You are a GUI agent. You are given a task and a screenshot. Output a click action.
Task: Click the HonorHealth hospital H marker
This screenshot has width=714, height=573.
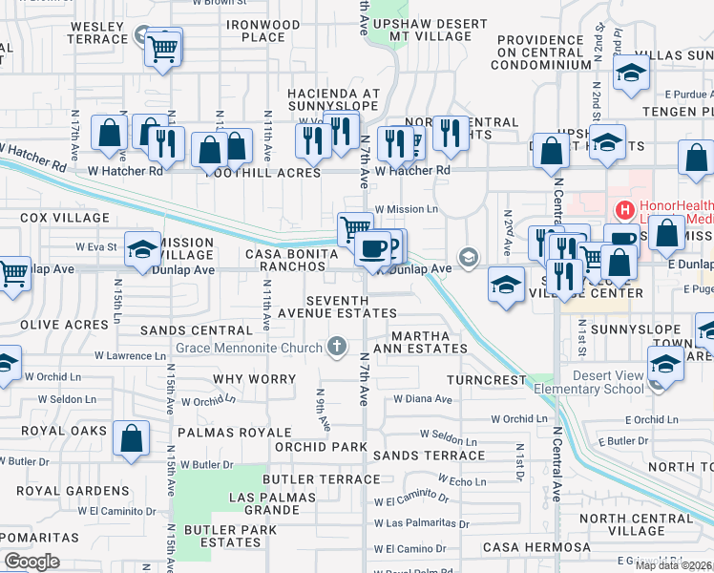(x=625, y=209)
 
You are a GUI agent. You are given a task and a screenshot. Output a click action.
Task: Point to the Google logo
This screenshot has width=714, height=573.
(x=31, y=562)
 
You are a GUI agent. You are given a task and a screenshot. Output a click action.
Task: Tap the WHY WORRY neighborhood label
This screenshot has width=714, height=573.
(x=248, y=379)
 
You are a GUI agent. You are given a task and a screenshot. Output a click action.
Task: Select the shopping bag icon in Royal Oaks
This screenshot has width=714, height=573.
(x=132, y=440)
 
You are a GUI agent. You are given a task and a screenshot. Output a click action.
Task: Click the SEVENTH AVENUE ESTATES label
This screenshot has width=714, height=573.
(x=337, y=306)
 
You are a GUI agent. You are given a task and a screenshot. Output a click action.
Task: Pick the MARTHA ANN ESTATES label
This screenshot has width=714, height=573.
(x=429, y=341)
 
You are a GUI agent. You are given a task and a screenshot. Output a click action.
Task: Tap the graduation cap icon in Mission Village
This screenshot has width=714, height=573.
(x=142, y=249)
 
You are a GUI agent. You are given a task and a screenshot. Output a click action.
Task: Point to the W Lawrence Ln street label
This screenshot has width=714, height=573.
(x=130, y=355)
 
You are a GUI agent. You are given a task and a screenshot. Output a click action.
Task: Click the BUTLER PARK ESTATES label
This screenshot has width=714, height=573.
(x=222, y=536)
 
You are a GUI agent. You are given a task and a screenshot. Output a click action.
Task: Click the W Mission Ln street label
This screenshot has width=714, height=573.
(x=407, y=208)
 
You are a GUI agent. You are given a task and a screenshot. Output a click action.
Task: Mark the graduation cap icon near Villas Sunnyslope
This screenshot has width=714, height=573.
(x=631, y=74)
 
